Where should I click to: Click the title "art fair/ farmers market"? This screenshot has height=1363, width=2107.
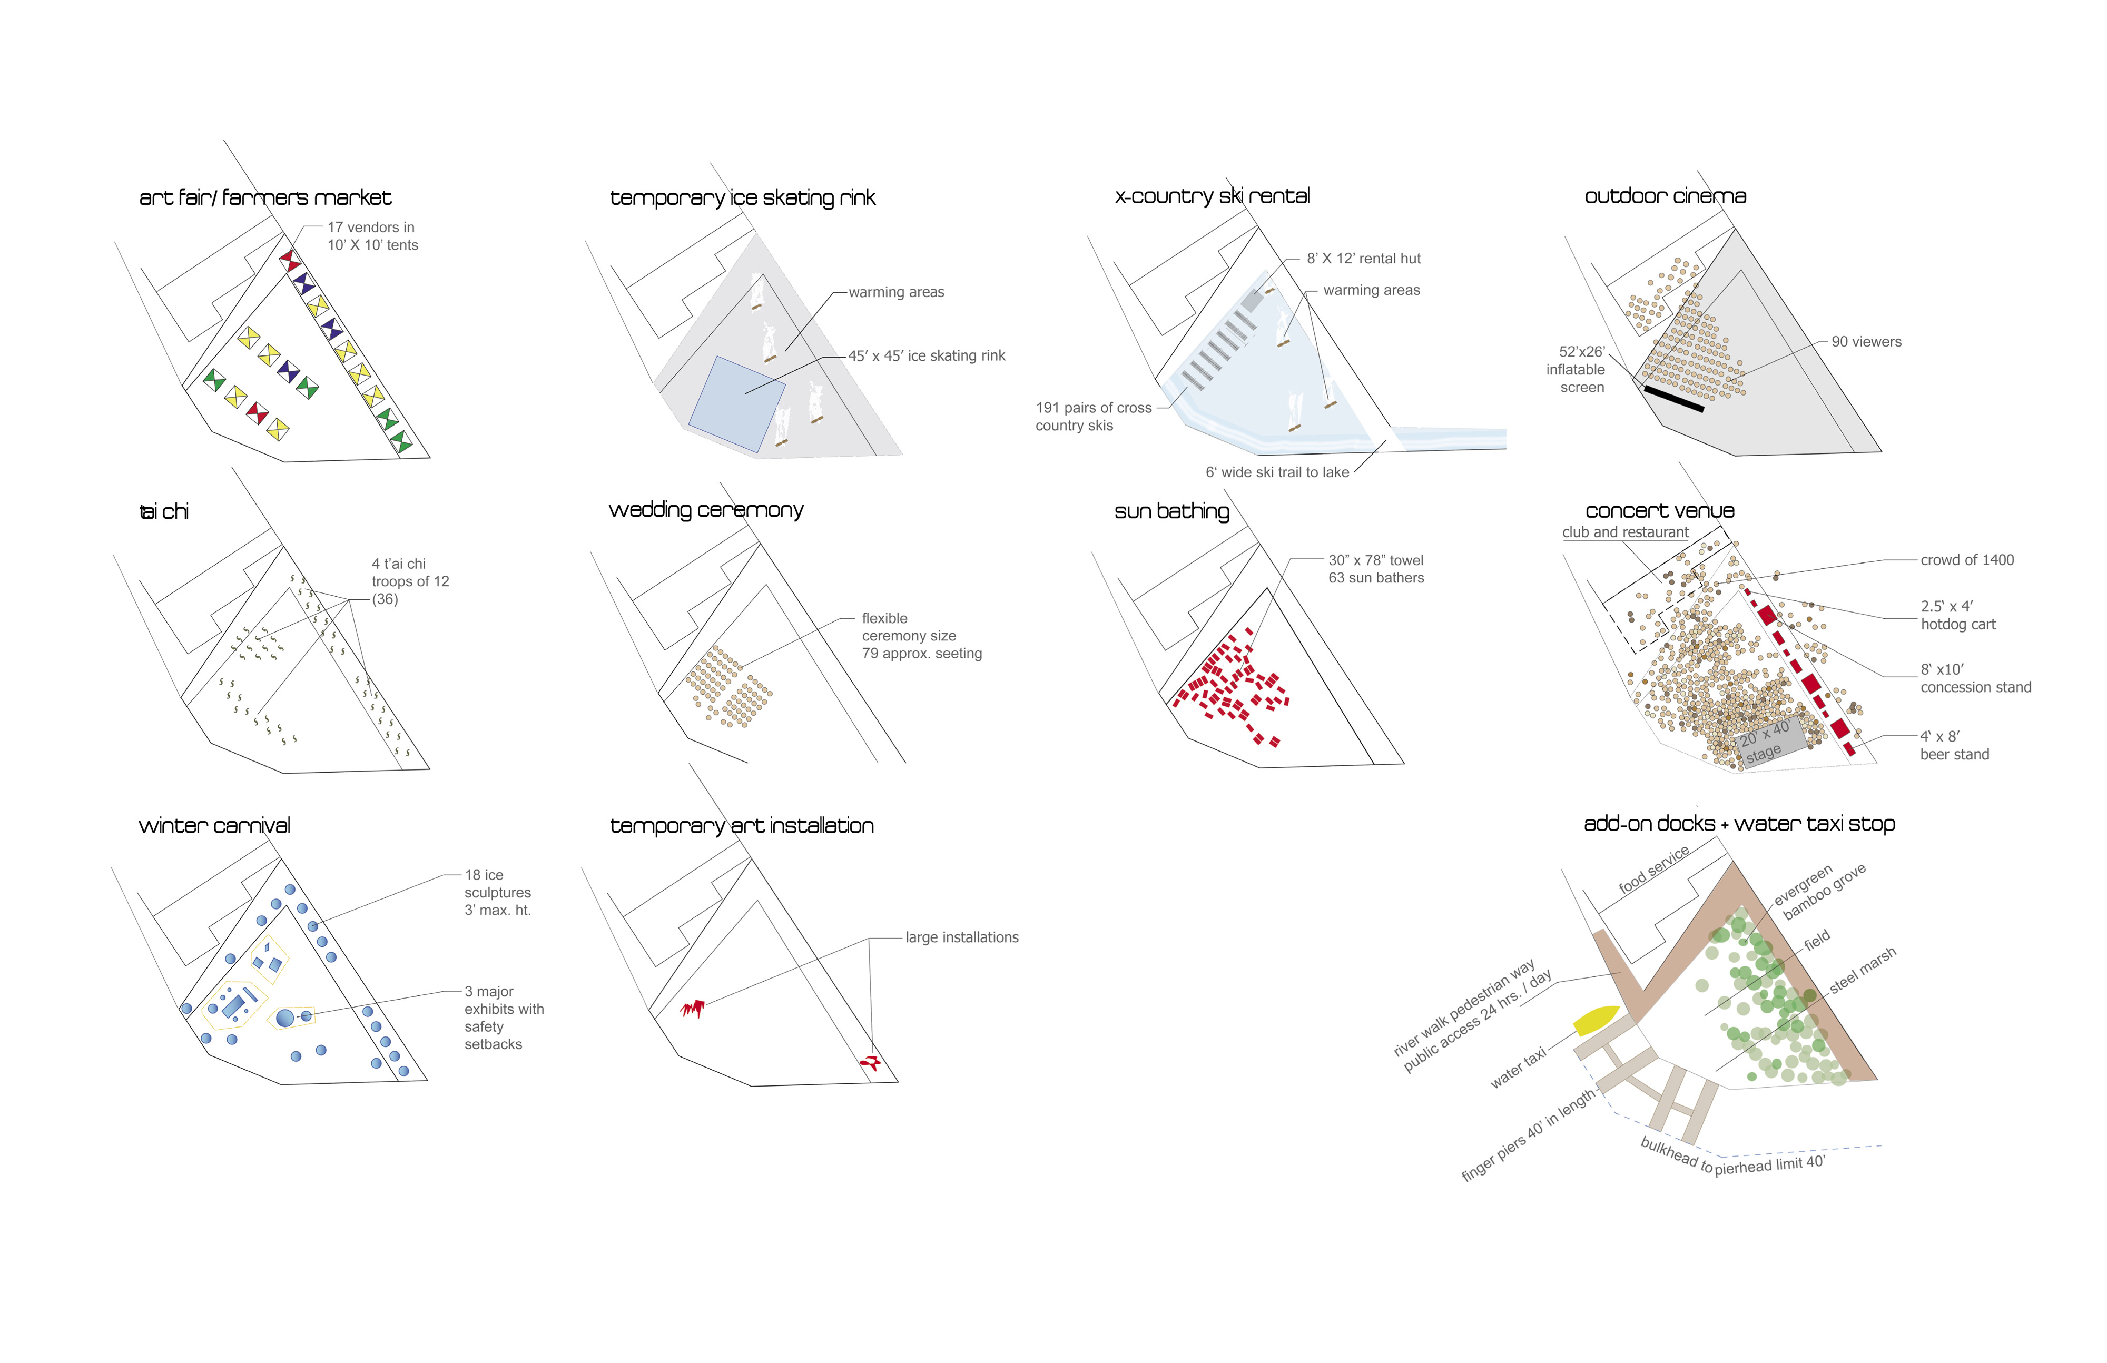(x=265, y=197)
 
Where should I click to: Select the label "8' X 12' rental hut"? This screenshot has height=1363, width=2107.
(x=1363, y=259)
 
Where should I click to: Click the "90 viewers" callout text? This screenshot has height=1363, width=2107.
(x=1866, y=342)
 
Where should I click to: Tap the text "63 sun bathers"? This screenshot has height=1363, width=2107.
(x=1376, y=578)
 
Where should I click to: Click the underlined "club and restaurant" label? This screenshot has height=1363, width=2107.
(x=1626, y=532)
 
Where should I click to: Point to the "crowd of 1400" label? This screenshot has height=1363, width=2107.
(x=1967, y=560)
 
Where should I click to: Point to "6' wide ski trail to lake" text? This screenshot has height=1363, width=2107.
(x=1277, y=472)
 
